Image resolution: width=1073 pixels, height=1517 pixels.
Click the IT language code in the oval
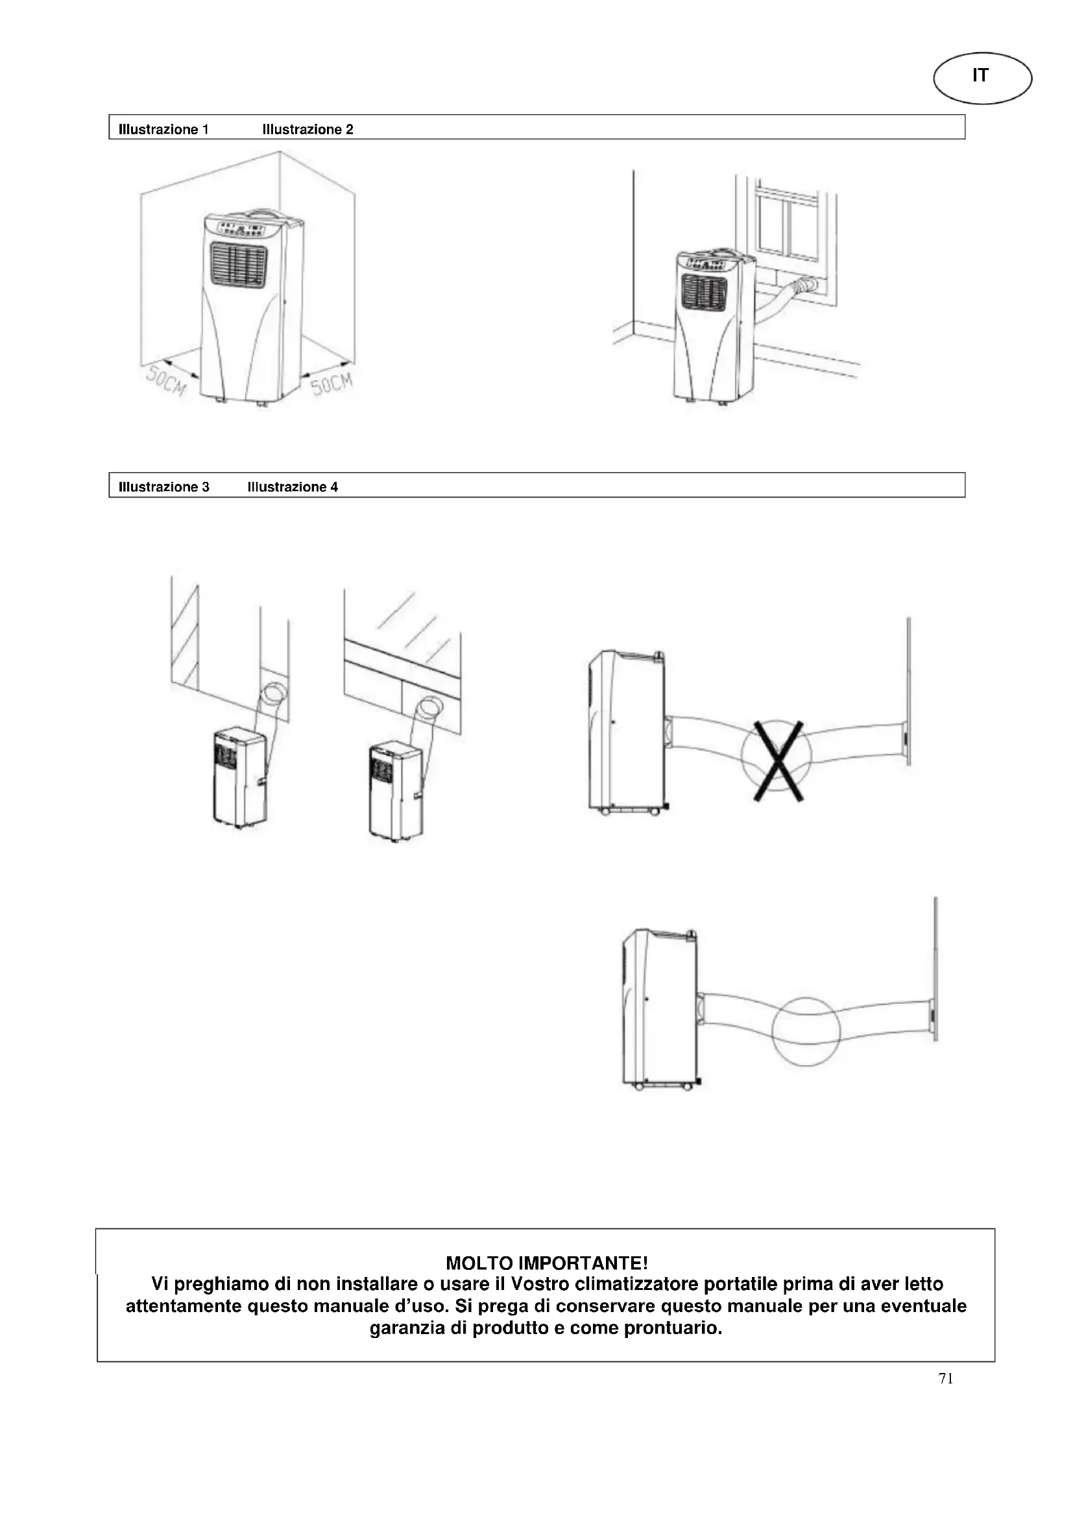point(980,76)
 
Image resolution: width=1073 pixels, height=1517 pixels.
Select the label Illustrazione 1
point(163,130)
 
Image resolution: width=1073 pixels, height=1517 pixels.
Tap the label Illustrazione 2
point(308,130)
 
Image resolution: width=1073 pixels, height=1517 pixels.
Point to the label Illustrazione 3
point(164,487)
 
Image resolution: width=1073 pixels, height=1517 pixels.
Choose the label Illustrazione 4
point(293,487)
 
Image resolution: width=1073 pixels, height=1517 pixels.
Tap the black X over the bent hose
point(779,761)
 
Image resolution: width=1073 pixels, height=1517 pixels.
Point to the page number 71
point(946,1378)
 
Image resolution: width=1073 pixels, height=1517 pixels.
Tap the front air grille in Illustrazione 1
point(239,266)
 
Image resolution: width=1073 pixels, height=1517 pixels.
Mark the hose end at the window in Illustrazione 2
point(808,286)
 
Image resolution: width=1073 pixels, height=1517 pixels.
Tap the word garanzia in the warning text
point(407,1328)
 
